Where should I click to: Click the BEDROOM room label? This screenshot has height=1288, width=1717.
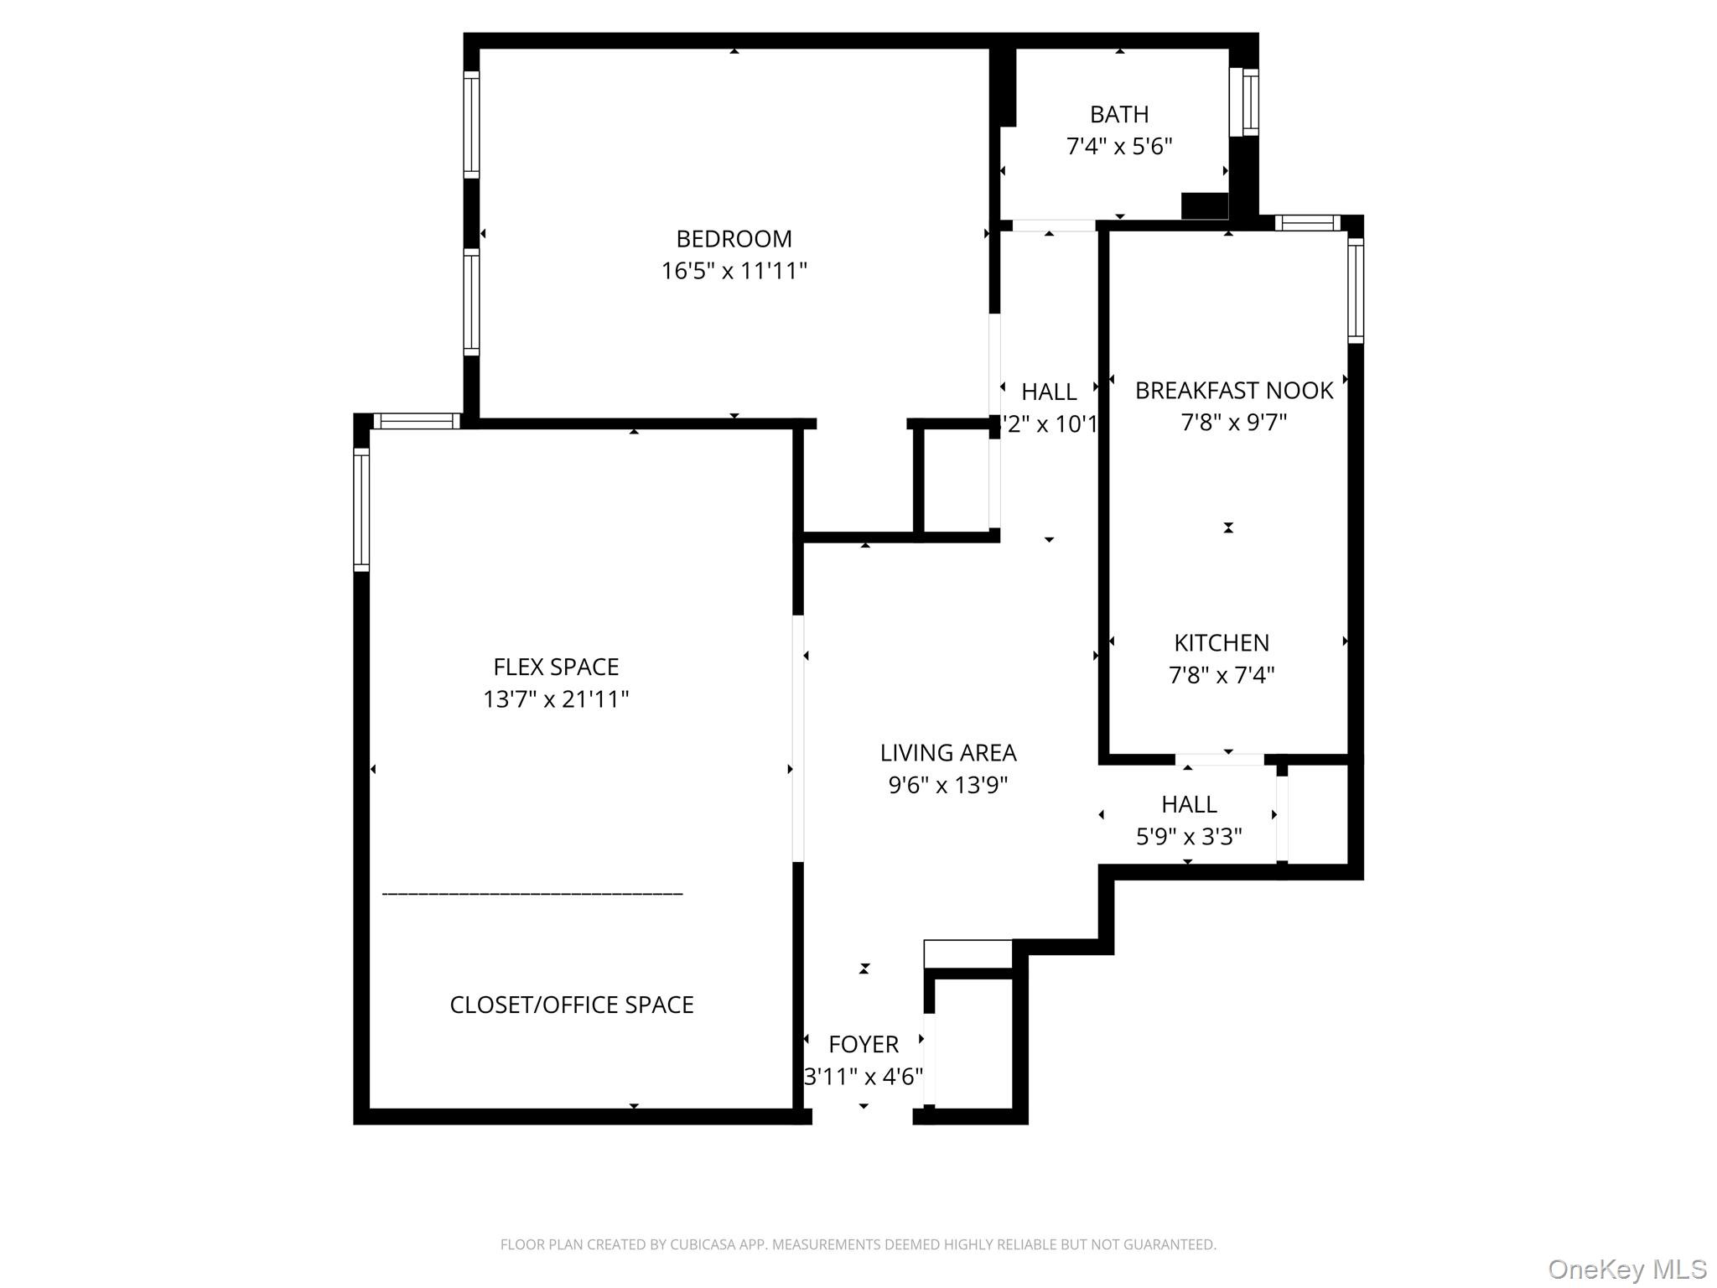pyautogui.click(x=734, y=239)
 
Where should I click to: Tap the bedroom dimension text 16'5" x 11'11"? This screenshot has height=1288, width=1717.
pyautogui.click(x=734, y=271)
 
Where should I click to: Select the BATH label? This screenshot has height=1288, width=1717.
pyautogui.click(x=1118, y=114)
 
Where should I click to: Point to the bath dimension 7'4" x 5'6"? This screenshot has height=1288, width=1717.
pyautogui.click(x=1118, y=146)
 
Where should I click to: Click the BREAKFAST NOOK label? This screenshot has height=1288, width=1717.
pyautogui.click(x=1233, y=390)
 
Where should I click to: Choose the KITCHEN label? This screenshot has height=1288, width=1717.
pyautogui.click(x=1221, y=642)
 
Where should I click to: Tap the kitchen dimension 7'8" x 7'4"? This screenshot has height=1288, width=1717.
pyautogui.click(x=1221, y=674)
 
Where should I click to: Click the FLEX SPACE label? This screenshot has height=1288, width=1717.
pyautogui.click(x=556, y=667)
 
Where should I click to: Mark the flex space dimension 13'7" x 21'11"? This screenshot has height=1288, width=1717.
pyautogui.click(x=556, y=699)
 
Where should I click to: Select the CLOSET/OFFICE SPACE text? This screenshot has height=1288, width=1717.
pyautogui.click(x=572, y=1005)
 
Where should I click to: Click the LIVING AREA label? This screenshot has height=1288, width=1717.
pyautogui.click(x=947, y=753)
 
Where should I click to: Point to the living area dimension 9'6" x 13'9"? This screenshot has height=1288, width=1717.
pyautogui.click(x=947, y=785)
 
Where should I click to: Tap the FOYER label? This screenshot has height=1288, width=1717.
pyautogui.click(x=863, y=1044)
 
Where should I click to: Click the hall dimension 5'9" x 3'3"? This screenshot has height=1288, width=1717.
pyautogui.click(x=1188, y=836)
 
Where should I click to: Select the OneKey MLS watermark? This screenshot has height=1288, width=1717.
pyautogui.click(x=1626, y=1270)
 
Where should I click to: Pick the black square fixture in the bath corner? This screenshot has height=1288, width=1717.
pyautogui.click(x=1204, y=205)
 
